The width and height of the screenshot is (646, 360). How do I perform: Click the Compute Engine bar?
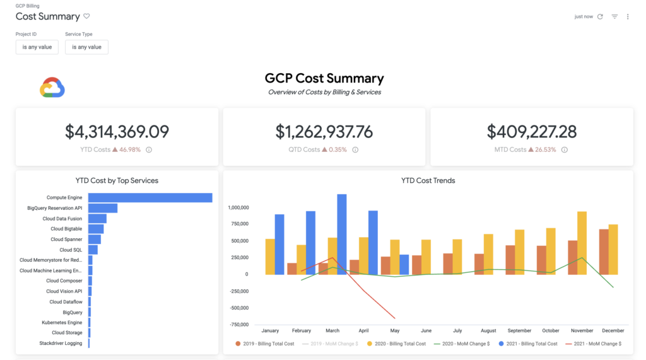150,198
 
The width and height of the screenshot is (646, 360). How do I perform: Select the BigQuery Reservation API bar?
102,208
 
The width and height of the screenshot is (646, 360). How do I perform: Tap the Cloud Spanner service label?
66,240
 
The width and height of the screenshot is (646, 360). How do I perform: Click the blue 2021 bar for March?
342,234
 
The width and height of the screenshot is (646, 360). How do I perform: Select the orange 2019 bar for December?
604,252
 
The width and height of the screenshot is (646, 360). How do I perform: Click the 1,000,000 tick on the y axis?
238,207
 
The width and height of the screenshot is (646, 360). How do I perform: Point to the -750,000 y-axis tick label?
238,325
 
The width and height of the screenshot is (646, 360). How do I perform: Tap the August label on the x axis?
488,330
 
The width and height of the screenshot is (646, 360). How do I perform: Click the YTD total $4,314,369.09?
117,131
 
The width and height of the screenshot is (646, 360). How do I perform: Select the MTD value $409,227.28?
532,131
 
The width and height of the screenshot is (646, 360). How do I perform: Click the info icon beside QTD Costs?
355,150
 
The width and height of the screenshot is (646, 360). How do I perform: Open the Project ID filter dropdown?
37,47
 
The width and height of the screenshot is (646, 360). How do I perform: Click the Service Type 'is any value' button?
86,47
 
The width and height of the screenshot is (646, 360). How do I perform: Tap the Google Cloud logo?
52,88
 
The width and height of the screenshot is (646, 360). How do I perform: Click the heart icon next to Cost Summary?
87,16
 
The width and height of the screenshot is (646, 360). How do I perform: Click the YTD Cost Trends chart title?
428,180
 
